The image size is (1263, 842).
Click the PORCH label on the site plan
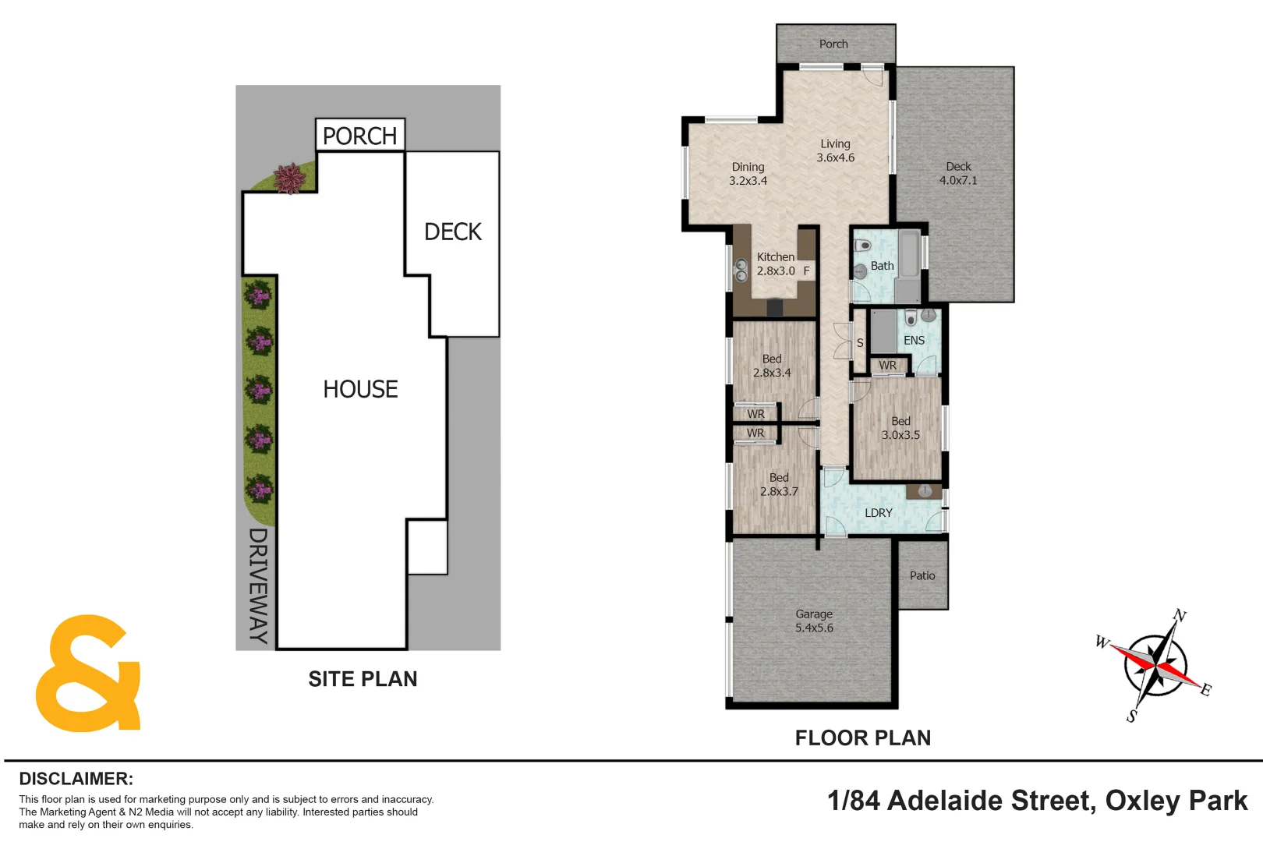[359, 136]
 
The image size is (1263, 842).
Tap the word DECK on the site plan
[452, 232]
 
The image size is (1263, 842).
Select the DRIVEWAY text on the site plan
[258, 585]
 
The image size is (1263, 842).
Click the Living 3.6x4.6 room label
[835, 150]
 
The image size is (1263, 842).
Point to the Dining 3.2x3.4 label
[748, 173]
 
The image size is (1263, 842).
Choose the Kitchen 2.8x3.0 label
[776, 264]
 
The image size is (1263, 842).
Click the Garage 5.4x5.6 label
[814, 621]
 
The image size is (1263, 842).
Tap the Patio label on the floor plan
[922, 575]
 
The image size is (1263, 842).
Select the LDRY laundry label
[879, 513]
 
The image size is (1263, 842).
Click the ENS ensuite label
[914, 341]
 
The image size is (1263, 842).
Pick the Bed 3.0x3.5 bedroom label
[900, 428]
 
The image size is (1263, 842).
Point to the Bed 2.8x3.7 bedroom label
[779, 484]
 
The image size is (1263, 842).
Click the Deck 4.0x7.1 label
[958, 173]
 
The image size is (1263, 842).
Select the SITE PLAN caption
[363, 679]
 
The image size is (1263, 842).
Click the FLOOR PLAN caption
[862, 738]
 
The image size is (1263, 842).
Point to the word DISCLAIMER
[76, 779]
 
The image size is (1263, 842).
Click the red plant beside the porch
[290, 179]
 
